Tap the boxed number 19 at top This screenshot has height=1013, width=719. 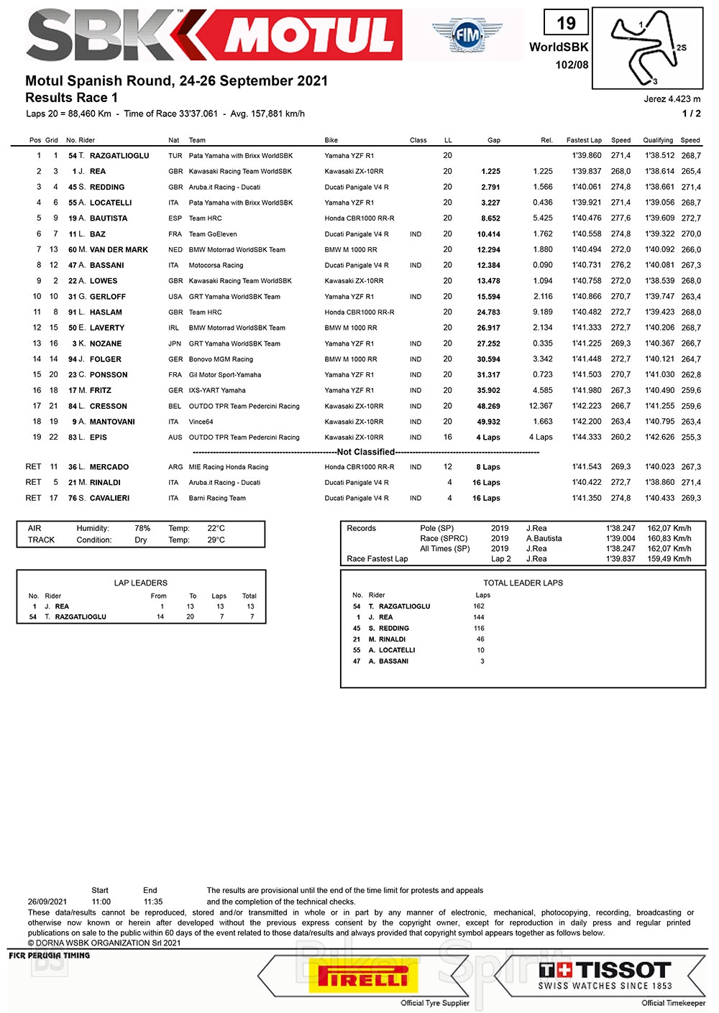[566, 24]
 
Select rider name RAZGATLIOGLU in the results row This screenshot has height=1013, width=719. [119, 156]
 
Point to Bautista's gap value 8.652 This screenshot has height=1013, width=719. [490, 218]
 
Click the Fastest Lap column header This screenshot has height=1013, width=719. [584, 141]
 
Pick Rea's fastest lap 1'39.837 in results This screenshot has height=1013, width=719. [587, 172]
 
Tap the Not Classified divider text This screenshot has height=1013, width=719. [366, 452]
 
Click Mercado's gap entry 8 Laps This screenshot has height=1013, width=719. [488, 467]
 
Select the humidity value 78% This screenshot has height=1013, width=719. [142, 529]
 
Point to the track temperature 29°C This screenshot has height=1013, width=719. [216, 540]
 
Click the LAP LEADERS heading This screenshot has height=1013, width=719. [141, 583]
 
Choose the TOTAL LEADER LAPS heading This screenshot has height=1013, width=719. [523, 583]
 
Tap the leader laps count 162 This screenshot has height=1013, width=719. [479, 606]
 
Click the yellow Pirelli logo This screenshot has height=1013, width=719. [363, 979]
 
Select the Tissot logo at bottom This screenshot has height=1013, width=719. [605, 976]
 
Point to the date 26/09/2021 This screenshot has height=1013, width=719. [47, 902]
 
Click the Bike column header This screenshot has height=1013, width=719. [331, 141]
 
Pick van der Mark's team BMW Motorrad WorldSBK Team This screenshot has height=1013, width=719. [237, 250]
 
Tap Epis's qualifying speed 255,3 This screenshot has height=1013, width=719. [691, 438]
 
